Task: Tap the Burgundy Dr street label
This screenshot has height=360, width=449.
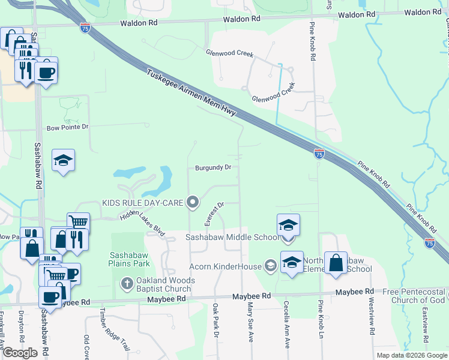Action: point(213,168)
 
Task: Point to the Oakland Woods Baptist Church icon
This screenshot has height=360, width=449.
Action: point(127,282)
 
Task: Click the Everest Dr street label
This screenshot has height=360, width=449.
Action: point(214,214)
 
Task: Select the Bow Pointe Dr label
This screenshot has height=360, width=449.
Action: point(68,127)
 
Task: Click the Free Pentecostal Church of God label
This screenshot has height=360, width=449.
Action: point(417,296)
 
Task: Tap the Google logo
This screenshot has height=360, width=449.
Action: point(20,353)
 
